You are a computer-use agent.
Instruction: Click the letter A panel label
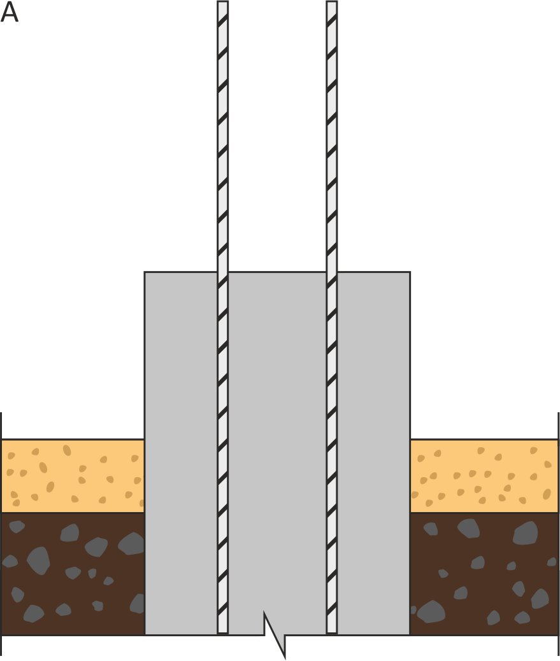pyautogui.click(x=10, y=12)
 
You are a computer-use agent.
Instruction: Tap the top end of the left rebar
pyautogui.click(x=223, y=1)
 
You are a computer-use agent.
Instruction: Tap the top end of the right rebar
pyautogui.click(x=332, y=1)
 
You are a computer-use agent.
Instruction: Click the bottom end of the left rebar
pyautogui.click(x=223, y=633)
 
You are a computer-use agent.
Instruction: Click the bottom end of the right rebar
pyautogui.click(x=332, y=633)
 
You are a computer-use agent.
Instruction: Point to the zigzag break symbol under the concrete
pyautogui.click(x=275, y=634)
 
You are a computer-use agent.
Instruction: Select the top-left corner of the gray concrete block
pyautogui.click(x=145, y=272)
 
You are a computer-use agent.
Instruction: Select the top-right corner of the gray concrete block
pyautogui.click(x=410, y=272)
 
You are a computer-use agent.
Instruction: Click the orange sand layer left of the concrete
pyautogui.click(x=73, y=476)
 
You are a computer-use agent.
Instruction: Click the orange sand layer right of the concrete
pyautogui.click(x=484, y=476)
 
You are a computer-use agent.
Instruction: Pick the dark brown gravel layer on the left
pyautogui.click(x=73, y=574)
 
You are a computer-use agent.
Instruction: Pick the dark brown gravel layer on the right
pyautogui.click(x=484, y=574)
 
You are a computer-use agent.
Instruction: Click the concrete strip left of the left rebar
pyautogui.click(x=181, y=453)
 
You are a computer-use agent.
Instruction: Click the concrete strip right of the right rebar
pyautogui.click(x=373, y=453)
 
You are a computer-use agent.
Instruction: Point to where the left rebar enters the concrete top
pyautogui.click(x=223, y=272)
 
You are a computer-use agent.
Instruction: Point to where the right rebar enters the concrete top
pyautogui.click(x=332, y=272)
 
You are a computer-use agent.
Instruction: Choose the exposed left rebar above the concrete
pyautogui.click(x=223, y=137)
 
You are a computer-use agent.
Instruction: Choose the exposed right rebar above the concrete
pyautogui.click(x=332, y=137)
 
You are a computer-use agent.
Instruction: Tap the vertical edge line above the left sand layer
pyautogui.click(x=1, y=426)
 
